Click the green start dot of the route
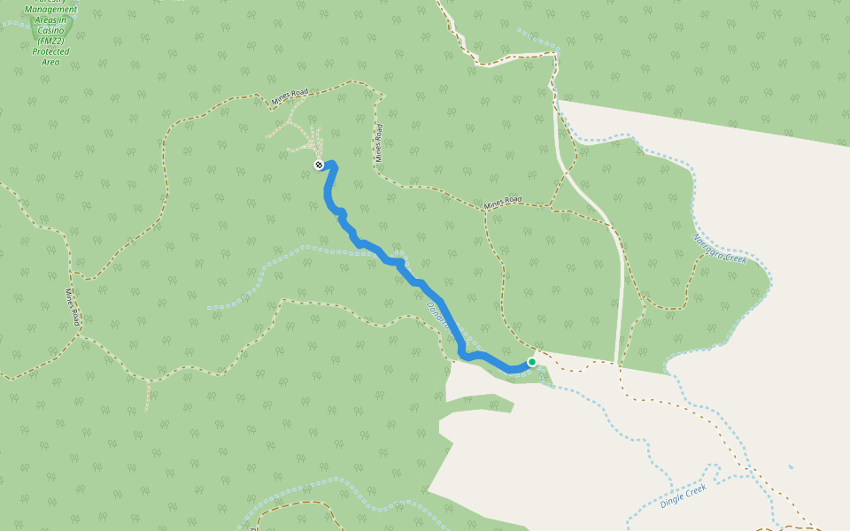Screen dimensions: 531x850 [532, 362]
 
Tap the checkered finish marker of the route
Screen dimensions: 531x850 [318, 165]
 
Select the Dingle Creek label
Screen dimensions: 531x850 [683, 496]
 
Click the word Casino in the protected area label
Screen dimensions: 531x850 [51, 30]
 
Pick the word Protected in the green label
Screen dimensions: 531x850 [50, 51]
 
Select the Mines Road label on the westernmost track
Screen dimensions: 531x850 [73, 306]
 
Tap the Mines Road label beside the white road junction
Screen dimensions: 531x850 [503, 203]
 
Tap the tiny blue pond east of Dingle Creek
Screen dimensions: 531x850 [790, 466]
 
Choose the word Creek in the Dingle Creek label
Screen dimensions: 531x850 [695, 489]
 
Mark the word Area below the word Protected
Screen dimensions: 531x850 [50, 62]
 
